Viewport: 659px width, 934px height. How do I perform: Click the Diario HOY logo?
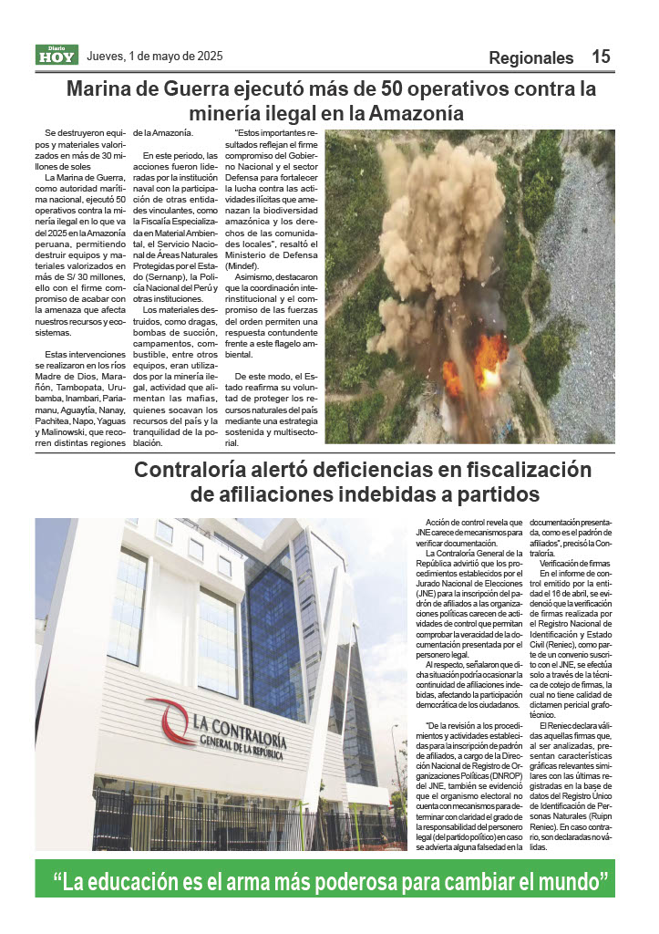57,56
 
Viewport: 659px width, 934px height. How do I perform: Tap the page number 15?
601,57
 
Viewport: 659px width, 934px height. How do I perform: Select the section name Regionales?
531,58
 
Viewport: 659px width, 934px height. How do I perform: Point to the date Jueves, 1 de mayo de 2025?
155,57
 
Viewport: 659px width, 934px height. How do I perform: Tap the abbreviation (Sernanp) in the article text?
160,274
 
